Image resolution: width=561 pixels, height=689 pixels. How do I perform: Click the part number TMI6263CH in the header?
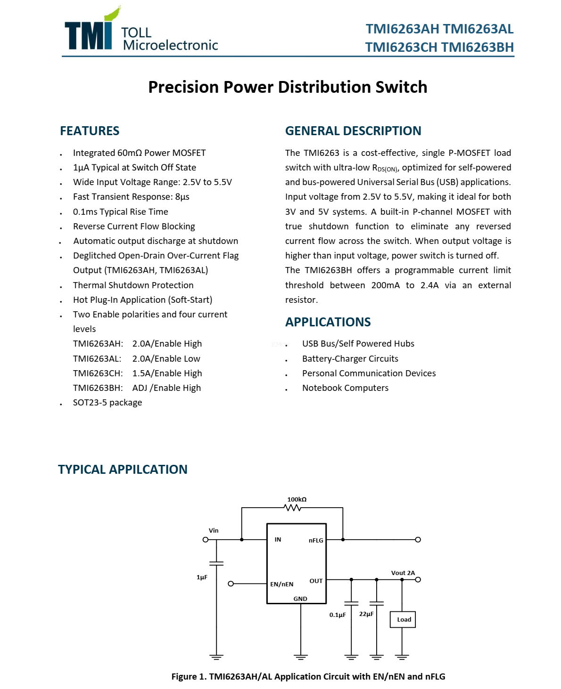pyautogui.click(x=401, y=47)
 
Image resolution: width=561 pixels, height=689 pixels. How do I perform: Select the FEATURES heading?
pyautogui.click(x=90, y=131)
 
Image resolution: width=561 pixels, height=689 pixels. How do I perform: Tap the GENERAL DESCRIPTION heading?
pyautogui.click(x=353, y=131)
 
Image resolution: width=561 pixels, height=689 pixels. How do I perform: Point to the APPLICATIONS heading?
pyautogui.click(x=328, y=322)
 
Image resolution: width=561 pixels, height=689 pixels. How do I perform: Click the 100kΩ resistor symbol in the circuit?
pyautogui.click(x=293, y=508)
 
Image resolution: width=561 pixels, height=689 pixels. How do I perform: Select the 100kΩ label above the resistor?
pyautogui.click(x=297, y=499)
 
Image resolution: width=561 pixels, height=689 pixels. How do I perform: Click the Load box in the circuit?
pyautogui.click(x=403, y=619)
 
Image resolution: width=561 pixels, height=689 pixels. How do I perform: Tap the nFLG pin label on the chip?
pyautogui.click(x=316, y=540)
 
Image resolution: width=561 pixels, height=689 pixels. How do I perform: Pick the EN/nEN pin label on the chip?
pyautogui.click(x=281, y=584)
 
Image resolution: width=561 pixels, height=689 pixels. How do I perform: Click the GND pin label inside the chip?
pyautogui.click(x=300, y=599)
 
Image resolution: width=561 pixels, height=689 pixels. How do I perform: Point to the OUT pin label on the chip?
pyautogui.click(x=316, y=581)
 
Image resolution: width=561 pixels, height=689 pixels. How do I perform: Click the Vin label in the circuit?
pyautogui.click(x=214, y=530)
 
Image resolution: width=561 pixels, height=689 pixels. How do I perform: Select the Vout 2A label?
pyautogui.click(x=403, y=573)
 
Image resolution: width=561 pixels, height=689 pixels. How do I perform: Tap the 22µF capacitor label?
pyautogui.click(x=366, y=614)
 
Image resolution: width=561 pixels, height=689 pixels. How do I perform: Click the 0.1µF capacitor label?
pyautogui.click(x=338, y=615)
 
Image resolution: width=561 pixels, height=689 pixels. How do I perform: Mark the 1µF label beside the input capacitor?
pyautogui.click(x=202, y=577)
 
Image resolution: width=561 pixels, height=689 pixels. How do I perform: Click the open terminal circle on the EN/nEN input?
pyautogui.click(x=231, y=584)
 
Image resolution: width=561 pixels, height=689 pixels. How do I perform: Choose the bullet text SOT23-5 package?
pyautogui.click(x=107, y=403)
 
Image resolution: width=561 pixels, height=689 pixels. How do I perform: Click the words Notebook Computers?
pyautogui.click(x=345, y=388)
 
